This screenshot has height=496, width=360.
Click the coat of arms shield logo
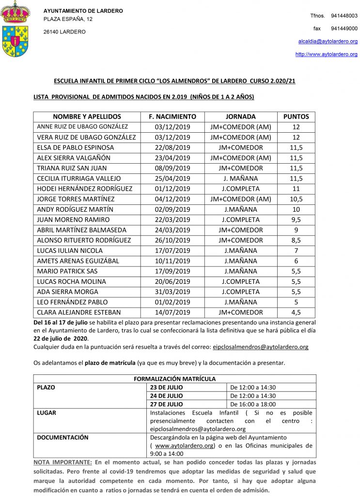tap(16, 41)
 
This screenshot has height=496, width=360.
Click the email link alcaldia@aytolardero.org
tap(328, 42)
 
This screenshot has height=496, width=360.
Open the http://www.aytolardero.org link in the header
tap(326, 54)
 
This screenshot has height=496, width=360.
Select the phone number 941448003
tap(344, 16)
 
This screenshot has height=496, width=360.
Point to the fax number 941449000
tap(344, 29)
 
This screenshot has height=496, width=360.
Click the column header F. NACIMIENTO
tap(172, 117)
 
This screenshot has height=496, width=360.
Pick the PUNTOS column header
tap(296, 117)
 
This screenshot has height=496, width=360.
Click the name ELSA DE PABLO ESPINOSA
tap(76, 147)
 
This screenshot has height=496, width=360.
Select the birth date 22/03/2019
tap(172, 219)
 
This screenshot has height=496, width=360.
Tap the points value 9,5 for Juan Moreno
tap(296, 219)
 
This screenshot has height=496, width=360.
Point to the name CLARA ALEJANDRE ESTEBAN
tap(79, 312)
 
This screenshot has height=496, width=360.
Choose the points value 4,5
tap(296, 312)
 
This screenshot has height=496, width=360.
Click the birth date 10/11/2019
tap(172, 261)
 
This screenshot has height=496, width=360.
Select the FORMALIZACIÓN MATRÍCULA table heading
tap(174, 379)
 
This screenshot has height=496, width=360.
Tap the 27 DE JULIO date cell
tap(167, 404)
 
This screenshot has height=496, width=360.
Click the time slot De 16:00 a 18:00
tap(253, 404)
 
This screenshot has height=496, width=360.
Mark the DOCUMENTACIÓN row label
tap(63, 437)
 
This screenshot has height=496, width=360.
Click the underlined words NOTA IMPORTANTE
tap(63, 463)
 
